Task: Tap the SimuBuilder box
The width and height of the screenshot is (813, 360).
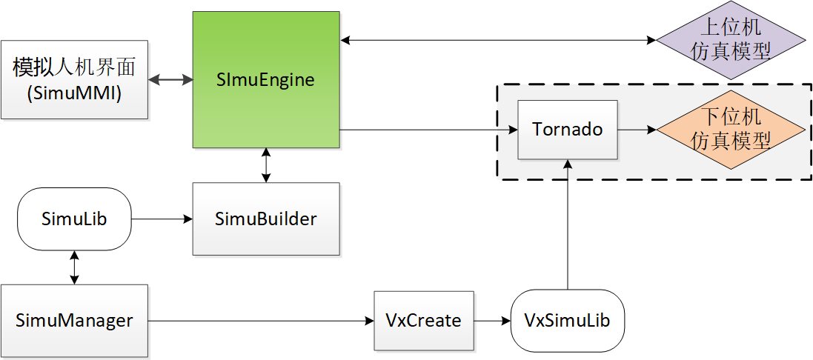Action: pos(265,219)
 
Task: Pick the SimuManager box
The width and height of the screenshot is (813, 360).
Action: pos(74,321)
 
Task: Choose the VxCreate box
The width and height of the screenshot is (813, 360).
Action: pos(423,321)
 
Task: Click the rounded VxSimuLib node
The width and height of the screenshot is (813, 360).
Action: pos(568,321)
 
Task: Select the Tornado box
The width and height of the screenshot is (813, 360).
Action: pos(568,130)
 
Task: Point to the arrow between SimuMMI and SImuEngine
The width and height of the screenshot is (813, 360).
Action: pos(170,79)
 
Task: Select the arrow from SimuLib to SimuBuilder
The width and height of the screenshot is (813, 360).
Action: pos(161,219)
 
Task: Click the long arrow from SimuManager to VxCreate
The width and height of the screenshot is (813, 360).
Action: pos(259,321)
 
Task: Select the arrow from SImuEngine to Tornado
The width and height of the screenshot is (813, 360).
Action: pos(426,130)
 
